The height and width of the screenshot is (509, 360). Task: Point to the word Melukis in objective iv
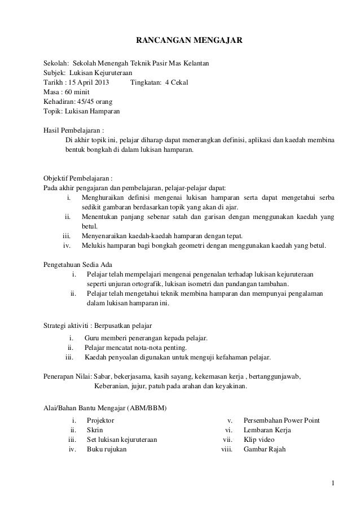point(94,245)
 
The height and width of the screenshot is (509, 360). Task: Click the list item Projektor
point(100,420)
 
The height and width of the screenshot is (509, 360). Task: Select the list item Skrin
point(95,430)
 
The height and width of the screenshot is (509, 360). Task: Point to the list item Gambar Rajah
point(265,450)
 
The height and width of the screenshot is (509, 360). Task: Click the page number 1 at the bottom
point(333,483)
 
